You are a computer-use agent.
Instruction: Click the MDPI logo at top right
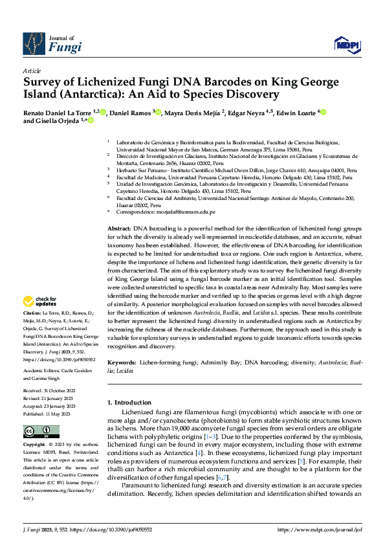tap(347, 43)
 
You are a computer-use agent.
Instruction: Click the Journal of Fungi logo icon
tap(34, 43)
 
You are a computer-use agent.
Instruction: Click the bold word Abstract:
tap(119, 230)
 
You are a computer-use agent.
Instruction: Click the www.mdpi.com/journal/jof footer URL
tap(320, 529)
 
